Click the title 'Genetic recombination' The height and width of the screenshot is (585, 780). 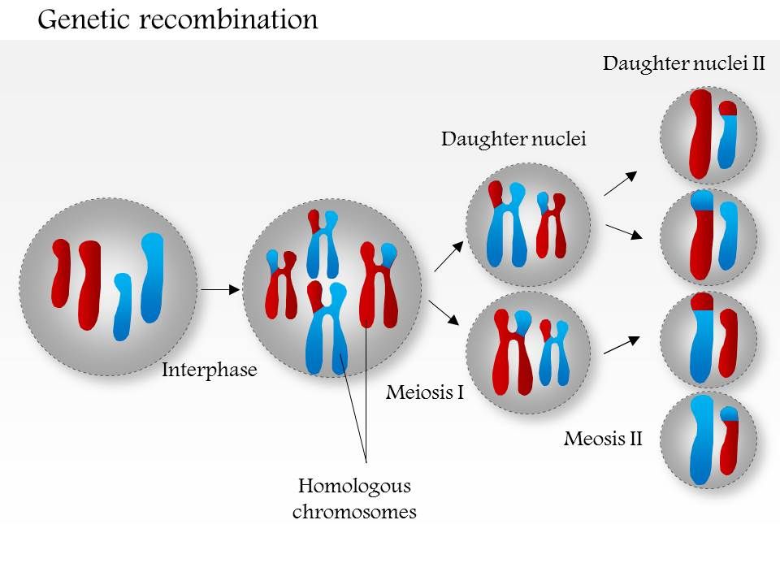pyautogui.click(x=178, y=19)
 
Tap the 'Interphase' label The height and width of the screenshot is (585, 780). pyautogui.click(x=210, y=370)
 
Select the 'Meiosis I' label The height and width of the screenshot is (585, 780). pyautogui.click(x=425, y=393)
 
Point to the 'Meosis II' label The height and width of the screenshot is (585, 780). pyautogui.click(x=603, y=440)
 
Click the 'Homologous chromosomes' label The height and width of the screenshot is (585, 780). pyautogui.click(x=354, y=499)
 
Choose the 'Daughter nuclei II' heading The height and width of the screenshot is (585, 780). pyautogui.click(x=684, y=64)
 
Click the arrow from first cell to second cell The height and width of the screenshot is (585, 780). pyautogui.click(x=218, y=288)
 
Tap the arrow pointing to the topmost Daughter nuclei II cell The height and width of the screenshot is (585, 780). pyautogui.click(x=621, y=184)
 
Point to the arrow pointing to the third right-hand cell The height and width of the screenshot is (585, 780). pyautogui.click(x=622, y=344)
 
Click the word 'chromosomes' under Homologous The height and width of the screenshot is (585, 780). pyautogui.click(x=354, y=512)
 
